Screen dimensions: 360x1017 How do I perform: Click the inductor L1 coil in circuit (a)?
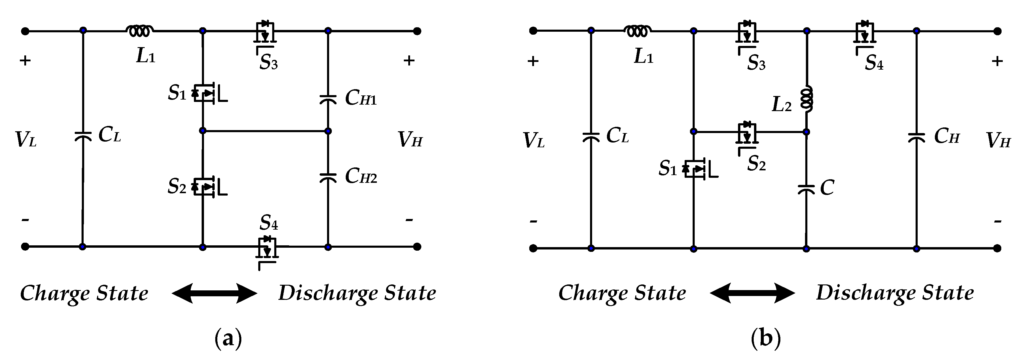click(x=139, y=31)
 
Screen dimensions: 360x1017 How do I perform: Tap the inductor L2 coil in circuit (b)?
click(x=806, y=99)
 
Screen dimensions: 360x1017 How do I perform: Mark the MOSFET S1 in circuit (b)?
click(x=696, y=169)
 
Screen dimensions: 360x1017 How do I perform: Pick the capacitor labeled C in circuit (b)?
click(x=806, y=189)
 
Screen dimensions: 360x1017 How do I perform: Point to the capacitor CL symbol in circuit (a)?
click(x=83, y=136)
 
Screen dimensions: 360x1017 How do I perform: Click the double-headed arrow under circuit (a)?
click(x=214, y=293)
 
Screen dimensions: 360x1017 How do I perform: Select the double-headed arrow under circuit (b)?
click(x=753, y=293)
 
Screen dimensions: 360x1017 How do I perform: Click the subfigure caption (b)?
click(x=766, y=339)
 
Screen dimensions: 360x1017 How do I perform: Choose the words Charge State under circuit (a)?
click(x=84, y=293)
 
